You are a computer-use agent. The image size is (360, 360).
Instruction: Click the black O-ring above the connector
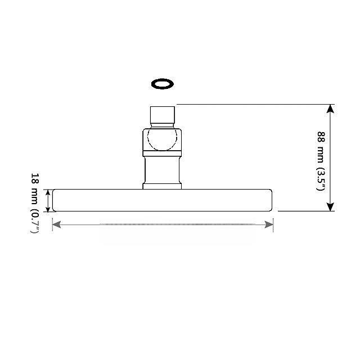[x=153, y=84]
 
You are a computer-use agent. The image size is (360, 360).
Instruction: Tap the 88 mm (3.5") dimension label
[x=321, y=161]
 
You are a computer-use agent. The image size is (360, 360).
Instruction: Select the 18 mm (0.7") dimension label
[x=35, y=203]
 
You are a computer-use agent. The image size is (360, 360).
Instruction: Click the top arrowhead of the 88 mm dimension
[x=330, y=109]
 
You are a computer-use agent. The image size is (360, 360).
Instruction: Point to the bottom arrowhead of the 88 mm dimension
[x=330, y=207]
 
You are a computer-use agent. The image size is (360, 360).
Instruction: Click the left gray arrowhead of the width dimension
[x=56, y=224]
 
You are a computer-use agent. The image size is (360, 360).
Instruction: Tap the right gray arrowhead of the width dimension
[x=269, y=224]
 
